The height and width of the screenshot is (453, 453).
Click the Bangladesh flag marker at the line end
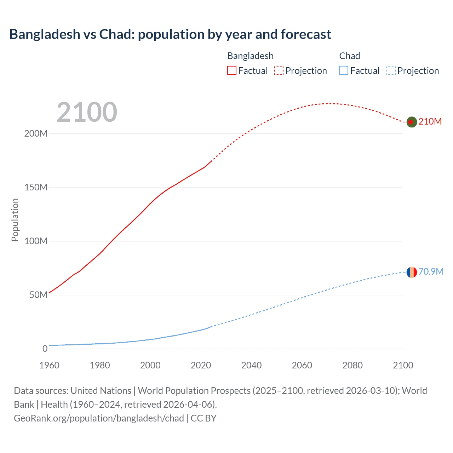(x=411, y=122)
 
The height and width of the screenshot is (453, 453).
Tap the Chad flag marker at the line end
(x=411, y=272)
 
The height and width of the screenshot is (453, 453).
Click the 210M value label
(x=430, y=121)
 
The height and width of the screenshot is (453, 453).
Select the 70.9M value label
(x=431, y=271)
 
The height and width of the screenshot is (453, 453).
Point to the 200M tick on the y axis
(x=36, y=134)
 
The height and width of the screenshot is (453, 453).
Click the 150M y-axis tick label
(x=36, y=188)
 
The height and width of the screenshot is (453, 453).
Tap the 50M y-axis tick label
(x=38, y=295)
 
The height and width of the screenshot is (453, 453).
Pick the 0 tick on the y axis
(x=45, y=349)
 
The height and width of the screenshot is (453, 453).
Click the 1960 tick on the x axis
(x=49, y=365)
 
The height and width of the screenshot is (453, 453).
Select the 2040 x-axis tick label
(x=251, y=365)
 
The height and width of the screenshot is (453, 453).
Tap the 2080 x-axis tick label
(x=352, y=365)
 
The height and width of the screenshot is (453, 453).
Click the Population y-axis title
(x=15, y=220)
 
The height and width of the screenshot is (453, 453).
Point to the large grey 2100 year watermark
(x=87, y=112)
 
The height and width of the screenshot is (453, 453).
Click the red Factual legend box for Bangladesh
(x=232, y=70)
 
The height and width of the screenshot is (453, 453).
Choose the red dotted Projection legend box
(x=279, y=70)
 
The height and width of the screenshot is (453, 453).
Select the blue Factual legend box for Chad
(x=344, y=70)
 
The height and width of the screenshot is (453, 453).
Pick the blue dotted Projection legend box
(x=391, y=70)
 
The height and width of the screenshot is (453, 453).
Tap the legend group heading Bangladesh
(x=250, y=56)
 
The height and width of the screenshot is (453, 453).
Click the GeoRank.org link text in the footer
(x=99, y=418)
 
